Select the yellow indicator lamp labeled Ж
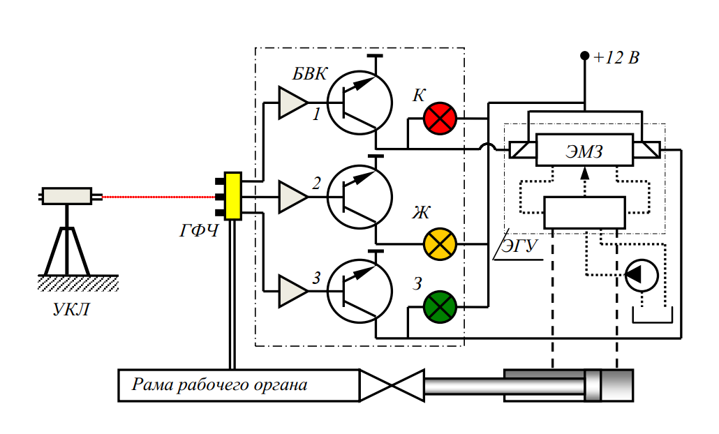tap(440, 244)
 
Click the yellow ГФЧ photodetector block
tap(232, 196)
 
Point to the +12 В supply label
tap(616, 58)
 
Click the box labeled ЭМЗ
tap(584, 149)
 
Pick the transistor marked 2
tap(360, 197)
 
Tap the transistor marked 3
tap(360, 291)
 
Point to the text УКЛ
tap(72, 310)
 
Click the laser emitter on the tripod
tap(67, 196)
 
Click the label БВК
tap(310, 75)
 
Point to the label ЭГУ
tap(521, 246)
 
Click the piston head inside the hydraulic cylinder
tap(593, 385)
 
